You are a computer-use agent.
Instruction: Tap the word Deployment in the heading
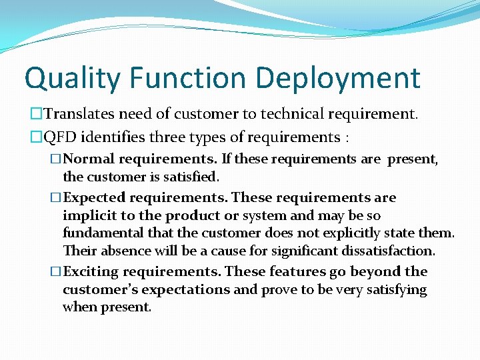[x=339, y=79]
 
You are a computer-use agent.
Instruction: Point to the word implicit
[x=87, y=216]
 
